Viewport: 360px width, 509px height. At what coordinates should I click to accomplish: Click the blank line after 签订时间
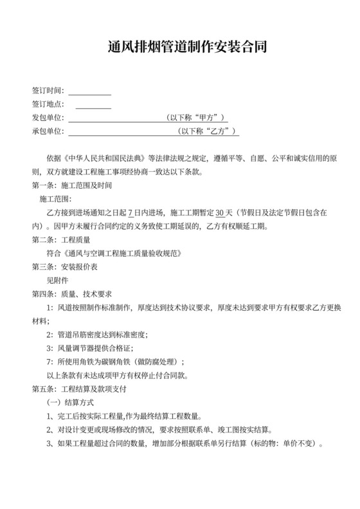coord(89,91)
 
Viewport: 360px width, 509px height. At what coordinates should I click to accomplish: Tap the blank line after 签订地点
coord(93,104)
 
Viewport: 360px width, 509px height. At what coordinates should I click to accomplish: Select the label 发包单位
coord(47,118)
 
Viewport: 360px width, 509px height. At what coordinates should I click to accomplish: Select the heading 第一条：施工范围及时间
coord(72,185)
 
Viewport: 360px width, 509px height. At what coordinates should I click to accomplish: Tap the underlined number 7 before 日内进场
coord(130,212)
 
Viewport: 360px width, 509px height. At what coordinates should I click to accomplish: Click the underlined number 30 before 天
coord(220,212)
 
